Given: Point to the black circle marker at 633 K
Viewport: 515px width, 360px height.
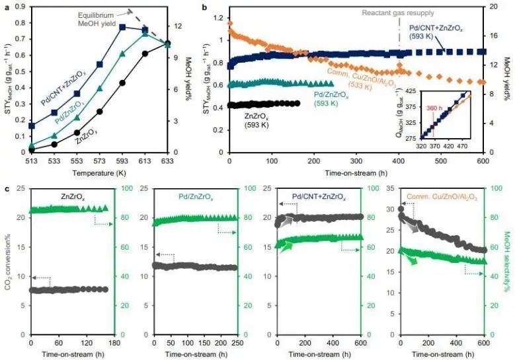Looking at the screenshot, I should point(168,44).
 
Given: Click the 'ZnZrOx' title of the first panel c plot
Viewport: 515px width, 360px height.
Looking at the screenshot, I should point(72,196).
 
